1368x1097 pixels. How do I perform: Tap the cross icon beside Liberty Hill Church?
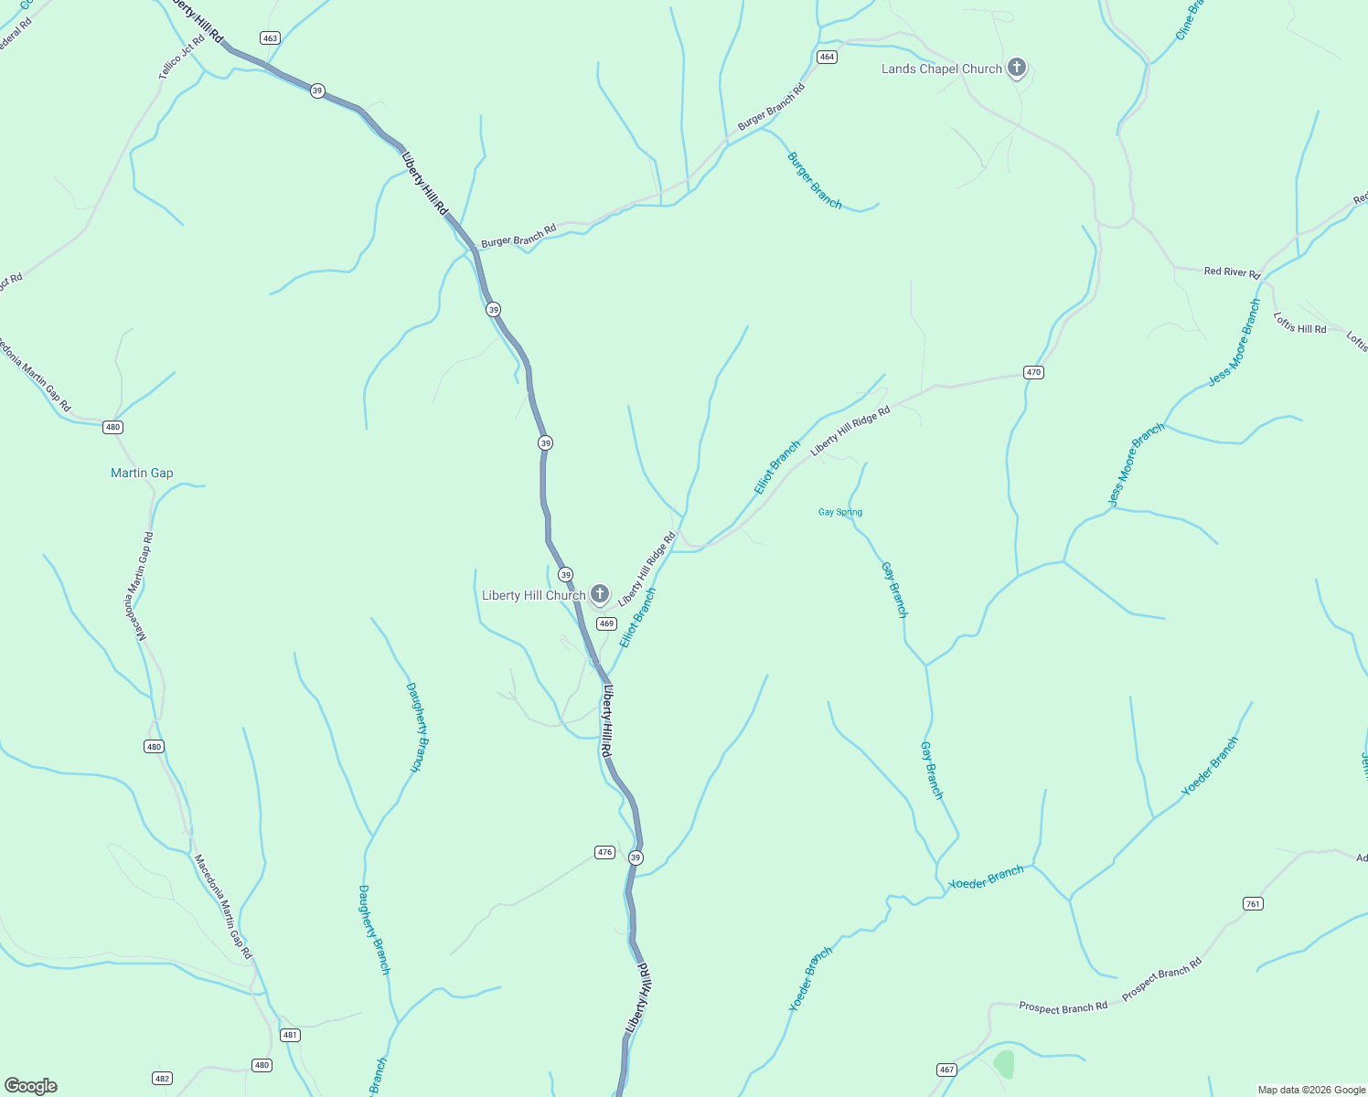point(599,594)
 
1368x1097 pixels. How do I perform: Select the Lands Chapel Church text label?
point(941,69)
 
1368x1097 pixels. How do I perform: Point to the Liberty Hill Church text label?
point(533,596)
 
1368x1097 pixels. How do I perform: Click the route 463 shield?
point(269,37)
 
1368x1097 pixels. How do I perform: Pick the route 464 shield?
point(827,57)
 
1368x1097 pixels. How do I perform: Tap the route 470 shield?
point(1033,372)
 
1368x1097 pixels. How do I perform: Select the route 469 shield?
point(606,623)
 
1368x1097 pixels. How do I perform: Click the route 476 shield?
point(604,852)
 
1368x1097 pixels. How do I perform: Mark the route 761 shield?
point(1253,904)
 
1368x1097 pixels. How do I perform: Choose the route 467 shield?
point(946,1070)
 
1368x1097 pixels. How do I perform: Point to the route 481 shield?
point(290,1035)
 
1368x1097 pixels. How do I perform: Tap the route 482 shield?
point(162,1078)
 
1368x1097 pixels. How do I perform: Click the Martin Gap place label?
point(142,473)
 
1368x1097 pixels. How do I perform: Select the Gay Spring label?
point(839,512)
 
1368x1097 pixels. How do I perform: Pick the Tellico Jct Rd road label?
point(182,57)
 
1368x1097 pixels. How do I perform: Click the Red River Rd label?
point(1232,272)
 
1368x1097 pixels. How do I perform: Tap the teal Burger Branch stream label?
point(814,180)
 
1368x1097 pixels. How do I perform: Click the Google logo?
point(30,1086)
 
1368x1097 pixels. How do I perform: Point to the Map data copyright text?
point(1310,1090)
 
